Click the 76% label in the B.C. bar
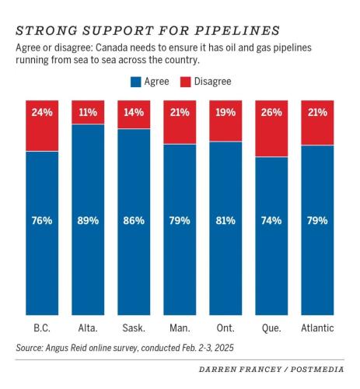click(42, 220)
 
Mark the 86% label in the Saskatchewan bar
click(134, 220)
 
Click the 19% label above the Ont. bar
click(225, 112)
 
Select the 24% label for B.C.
click(42, 112)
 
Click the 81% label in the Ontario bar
click(225, 220)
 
